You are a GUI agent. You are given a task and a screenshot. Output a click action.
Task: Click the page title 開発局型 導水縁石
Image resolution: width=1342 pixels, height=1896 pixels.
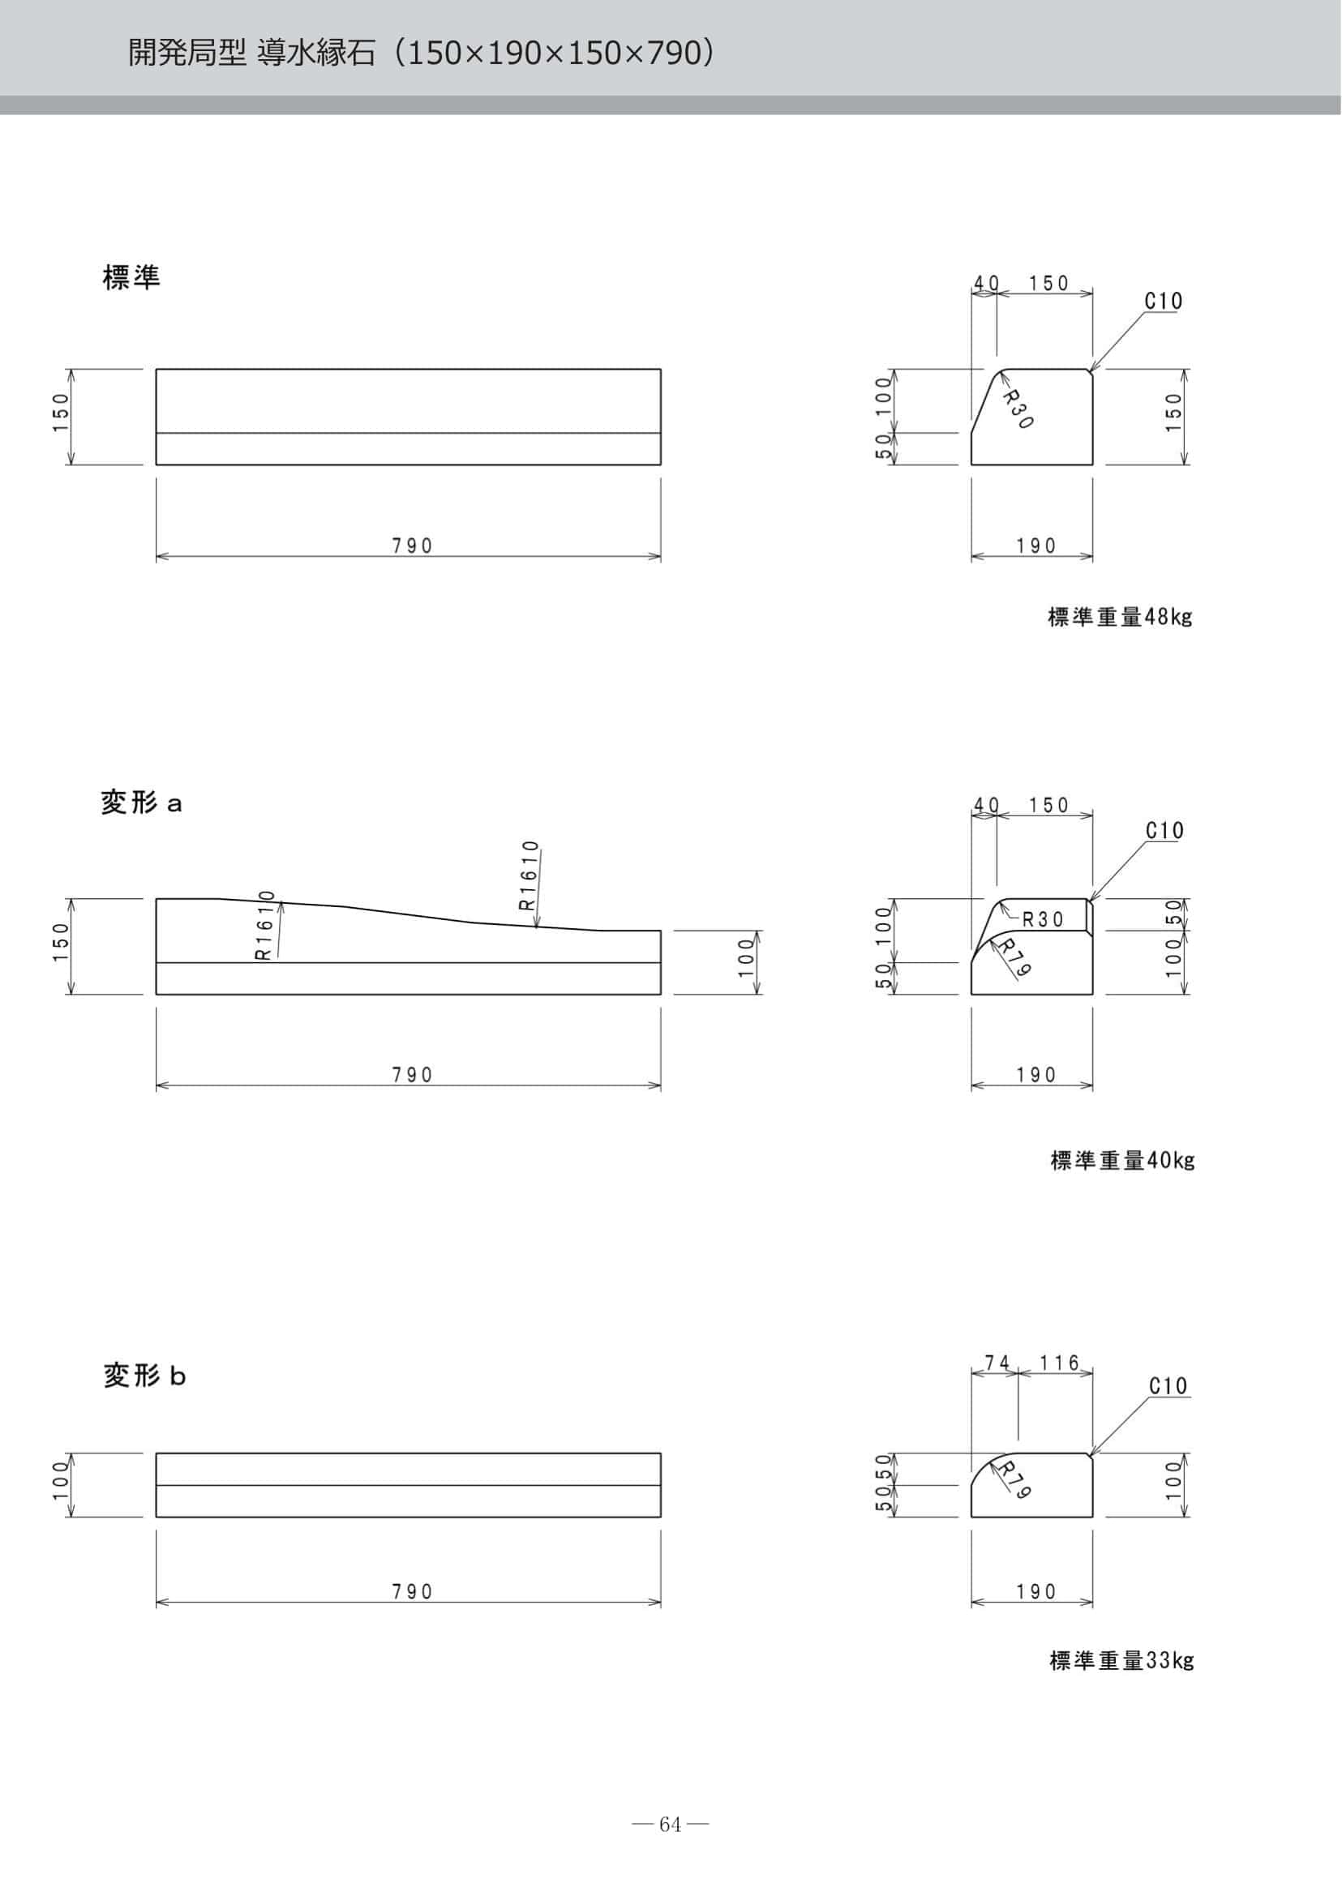click(x=251, y=53)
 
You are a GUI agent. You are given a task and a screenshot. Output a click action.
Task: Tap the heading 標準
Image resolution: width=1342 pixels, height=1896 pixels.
click(x=131, y=277)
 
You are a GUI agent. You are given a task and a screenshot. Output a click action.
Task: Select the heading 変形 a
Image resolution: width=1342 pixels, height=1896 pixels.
click(x=141, y=802)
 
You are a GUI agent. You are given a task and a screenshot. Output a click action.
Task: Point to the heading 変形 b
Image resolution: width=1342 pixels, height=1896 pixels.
click(x=144, y=1376)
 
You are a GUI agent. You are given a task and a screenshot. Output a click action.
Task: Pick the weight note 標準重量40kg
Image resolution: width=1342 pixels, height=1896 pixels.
click(x=1122, y=1161)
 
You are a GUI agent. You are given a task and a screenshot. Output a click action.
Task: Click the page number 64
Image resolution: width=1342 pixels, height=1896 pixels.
click(x=670, y=1824)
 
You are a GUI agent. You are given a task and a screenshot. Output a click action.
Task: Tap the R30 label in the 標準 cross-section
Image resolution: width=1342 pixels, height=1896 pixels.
click(x=1018, y=409)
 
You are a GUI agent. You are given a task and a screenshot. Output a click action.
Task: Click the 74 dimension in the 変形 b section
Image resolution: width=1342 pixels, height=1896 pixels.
click(x=997, y=1363)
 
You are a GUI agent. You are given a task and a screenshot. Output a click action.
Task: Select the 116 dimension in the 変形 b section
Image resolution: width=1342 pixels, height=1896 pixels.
click(x=1059, y=1363)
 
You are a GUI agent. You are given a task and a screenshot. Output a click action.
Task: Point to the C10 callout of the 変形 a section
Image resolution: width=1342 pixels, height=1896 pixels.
click(x=1164, y=830)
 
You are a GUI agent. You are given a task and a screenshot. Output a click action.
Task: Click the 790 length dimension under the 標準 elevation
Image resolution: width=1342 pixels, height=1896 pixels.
click(x=413, y=546)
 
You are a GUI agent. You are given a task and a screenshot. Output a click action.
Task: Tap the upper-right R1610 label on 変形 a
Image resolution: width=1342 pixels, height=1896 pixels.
click(x=529, y=875)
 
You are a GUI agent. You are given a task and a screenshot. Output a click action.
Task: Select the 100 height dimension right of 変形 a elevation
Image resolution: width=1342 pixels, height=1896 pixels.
click(x=747, y=957)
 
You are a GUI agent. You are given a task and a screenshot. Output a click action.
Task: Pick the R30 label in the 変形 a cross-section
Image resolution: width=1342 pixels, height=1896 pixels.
click(x=1043, y=919)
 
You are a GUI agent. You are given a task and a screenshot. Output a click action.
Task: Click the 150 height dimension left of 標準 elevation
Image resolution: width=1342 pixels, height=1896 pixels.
click(x=60, y=416)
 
